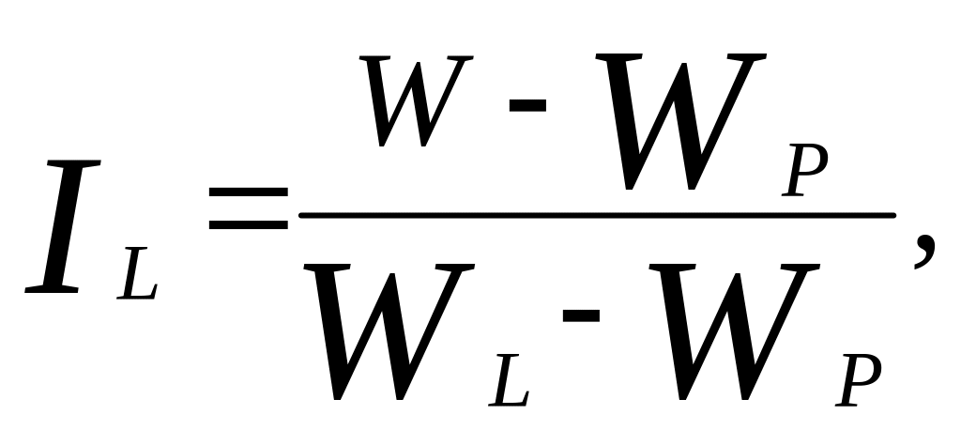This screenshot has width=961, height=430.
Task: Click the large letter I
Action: point(63,226)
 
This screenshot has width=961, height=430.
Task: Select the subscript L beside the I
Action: point(137,273)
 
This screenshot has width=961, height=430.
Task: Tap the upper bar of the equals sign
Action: point(248,192)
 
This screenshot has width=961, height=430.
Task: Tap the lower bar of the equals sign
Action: point(248,224)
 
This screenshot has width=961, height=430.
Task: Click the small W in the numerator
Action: point(416,101)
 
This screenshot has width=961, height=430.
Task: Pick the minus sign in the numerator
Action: point(527,105)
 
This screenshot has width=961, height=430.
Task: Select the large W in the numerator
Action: point(680,121)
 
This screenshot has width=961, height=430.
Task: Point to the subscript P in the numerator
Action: point(804,170)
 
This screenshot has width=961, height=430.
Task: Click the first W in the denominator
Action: point(389,331)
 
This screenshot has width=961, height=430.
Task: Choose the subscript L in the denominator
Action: point(509,379)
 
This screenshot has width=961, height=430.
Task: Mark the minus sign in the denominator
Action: point(581,315)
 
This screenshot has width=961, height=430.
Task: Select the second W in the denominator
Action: point(735,331)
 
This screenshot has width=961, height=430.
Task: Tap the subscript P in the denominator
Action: point(859,379)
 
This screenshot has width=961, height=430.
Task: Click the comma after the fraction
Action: point(925,253)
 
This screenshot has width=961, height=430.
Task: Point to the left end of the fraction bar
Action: point(301,215)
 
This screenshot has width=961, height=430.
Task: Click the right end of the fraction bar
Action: point(894,215)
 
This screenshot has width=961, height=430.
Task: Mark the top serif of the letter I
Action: point(73,163)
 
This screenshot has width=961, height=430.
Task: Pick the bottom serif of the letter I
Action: point(52,289)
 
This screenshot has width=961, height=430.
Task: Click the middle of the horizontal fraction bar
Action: point(598,215)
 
